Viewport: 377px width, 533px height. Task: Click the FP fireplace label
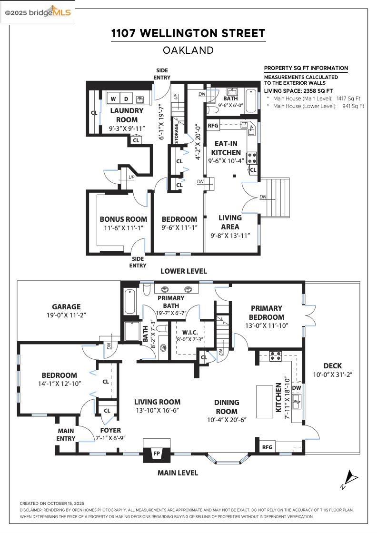pos(157,454)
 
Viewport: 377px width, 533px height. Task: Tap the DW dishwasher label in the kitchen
pos(297,388)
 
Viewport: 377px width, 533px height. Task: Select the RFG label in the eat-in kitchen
pos(213,126)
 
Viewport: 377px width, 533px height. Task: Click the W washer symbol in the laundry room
pos(113,99)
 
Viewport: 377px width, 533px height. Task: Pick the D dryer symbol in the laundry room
pos(126,99)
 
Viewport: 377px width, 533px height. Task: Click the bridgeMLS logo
pos(38,13)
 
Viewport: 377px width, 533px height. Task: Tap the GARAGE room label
pos(66,307)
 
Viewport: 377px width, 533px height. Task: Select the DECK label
pos(332,365)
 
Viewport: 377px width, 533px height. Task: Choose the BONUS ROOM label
pos(123,219)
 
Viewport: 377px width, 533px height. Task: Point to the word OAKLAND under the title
pos(188,50)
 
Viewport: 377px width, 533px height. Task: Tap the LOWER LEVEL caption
pos(183,271)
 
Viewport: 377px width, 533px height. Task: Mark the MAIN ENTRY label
pos(66,434)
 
